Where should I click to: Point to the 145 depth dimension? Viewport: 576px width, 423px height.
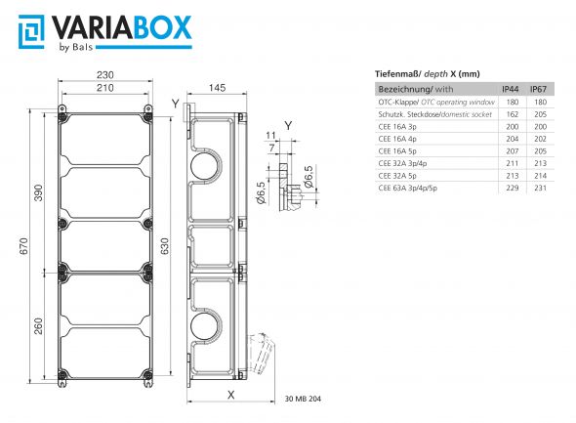coord(217,88)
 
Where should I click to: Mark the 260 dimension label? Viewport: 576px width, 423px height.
coord(40,326)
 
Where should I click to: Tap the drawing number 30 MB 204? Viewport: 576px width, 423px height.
coord(304,399)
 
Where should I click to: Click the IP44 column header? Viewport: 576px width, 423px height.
coord(510,89)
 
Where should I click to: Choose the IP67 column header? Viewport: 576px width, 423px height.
coord(538,89)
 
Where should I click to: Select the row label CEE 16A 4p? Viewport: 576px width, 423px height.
coord(400,139)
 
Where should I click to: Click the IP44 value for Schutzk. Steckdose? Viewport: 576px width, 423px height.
coord(510,114)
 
